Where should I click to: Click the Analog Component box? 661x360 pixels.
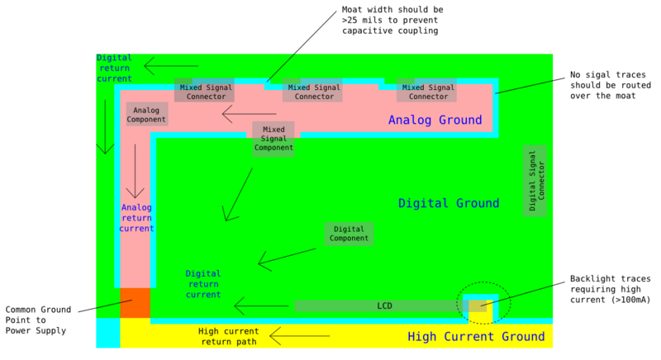click(146, 115)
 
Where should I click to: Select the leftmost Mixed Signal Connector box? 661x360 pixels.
click(204, 91)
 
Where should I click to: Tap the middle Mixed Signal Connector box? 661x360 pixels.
click(312, 91)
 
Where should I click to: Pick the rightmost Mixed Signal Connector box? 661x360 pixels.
click(426, 91)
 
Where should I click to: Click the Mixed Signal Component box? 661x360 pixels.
click(273, 139)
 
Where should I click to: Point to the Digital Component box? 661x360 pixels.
click(349, 234)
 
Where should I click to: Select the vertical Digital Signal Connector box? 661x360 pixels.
click(535, 180)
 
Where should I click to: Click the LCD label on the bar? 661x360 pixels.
click(384, 306)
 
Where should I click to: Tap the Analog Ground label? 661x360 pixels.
click(435, 121)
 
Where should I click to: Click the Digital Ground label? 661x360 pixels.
click(449, 203)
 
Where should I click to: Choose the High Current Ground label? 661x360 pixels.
click(476, 337)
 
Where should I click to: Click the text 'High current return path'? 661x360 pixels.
click(229, 336)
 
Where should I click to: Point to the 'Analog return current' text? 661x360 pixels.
click(136, 218)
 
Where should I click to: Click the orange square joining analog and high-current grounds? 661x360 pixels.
click(135, 303)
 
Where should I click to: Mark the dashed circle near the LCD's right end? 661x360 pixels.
click(484, 304)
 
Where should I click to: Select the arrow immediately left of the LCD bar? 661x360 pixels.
click(261, 306)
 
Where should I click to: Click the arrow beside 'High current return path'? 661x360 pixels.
click(299, 335)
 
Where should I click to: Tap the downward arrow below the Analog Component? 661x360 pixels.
click(135, 171)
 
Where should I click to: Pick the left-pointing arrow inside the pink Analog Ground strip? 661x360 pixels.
click(249, 114)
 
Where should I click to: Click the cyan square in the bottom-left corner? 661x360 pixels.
click(107, 333)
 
